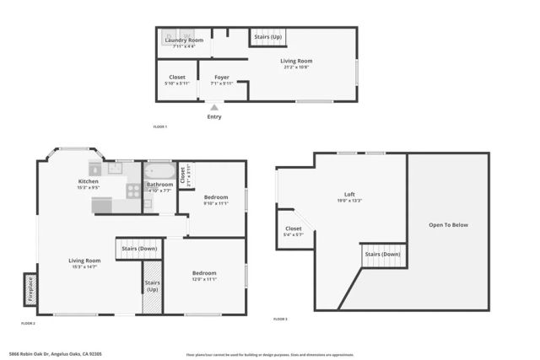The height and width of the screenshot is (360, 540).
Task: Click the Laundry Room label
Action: coord(183,40)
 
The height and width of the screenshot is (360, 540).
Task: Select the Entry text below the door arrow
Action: coord(215,116)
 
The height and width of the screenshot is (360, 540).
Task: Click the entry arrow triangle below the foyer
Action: coord(215,107)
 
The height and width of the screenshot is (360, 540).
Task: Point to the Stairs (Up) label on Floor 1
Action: coord(268,37)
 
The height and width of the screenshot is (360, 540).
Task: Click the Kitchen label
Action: coord(89,181)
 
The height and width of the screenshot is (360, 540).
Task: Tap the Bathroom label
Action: coord(159,185)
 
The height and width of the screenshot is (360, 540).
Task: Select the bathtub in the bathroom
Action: coord(159,171)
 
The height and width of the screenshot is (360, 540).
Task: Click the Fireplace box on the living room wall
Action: coord(30,289)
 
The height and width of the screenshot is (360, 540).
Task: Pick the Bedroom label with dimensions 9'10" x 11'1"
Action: coord(215,197)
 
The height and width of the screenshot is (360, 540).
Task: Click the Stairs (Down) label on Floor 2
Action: coord(139,249)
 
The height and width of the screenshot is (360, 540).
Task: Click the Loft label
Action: coord(349,194)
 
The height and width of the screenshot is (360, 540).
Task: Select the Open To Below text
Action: coord(448,225)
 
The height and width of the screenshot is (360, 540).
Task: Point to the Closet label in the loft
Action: coord(293,228)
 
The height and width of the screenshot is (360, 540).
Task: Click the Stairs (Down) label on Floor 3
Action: coord(382,254)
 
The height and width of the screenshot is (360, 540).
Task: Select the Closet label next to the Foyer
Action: coord(177,78)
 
